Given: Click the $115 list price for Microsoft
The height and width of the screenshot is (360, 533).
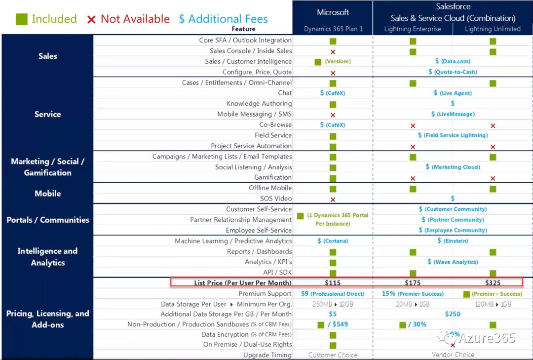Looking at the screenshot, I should [333, 283].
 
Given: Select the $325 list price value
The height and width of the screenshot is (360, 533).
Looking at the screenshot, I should [493, 283].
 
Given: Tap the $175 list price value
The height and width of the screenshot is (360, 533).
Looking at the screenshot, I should [413, 283].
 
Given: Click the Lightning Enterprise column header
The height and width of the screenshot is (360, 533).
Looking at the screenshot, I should [413, 29].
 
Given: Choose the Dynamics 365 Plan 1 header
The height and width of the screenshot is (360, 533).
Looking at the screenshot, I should [333, 29].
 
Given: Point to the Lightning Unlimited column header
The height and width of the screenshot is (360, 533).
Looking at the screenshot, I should [493, 29].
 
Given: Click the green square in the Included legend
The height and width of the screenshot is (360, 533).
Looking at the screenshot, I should [21, 19].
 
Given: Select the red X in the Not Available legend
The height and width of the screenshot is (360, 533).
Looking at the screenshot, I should [91, 20].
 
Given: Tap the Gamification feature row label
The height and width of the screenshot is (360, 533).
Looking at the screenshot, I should [273, 177].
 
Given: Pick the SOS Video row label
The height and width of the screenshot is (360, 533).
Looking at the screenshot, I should [276, 199].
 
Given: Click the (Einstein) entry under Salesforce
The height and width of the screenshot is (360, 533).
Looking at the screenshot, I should [456, 241].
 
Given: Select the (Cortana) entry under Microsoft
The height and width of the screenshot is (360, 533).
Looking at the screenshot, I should [336, 241].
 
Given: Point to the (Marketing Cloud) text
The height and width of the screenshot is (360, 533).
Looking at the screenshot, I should [456, 167].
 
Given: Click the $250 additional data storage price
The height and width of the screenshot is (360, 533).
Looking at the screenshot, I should [453, 314].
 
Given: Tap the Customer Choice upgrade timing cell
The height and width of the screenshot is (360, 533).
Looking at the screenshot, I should [333, 355].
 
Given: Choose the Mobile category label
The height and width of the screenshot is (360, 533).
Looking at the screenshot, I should [48, 194].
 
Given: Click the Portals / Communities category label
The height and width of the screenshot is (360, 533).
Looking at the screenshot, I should [48, 220].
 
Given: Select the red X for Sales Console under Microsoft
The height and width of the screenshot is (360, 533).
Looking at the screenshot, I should [333, 51].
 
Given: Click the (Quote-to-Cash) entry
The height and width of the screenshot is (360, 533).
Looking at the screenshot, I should [456, 72].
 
